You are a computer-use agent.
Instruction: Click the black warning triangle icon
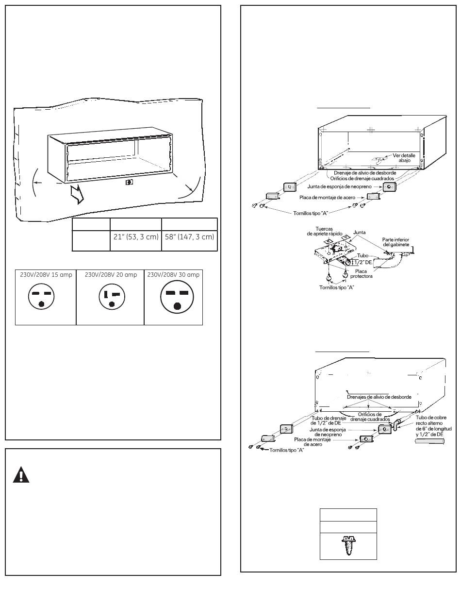point(21,474)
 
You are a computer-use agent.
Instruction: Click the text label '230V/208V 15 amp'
point(46,275)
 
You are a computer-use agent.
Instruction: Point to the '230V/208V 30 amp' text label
point(174,275)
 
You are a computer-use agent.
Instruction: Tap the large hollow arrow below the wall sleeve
point(77,194)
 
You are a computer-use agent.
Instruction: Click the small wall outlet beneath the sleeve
point(129,182)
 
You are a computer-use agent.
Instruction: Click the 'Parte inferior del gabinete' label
point(396,241)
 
